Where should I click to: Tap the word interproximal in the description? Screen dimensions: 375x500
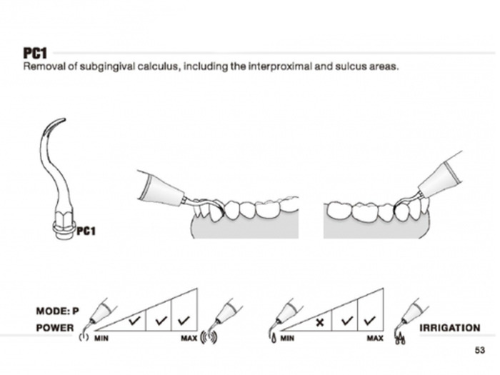pos(260,68)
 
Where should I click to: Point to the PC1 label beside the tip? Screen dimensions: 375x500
pos(86,231)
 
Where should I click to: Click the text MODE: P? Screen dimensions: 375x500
pos(57,311)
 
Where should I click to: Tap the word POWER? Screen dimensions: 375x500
pos(54,328)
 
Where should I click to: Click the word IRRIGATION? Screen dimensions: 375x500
pos(449,328)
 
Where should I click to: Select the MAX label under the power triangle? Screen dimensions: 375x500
pos(189,337)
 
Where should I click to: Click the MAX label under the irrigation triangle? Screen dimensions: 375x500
pos(374,337)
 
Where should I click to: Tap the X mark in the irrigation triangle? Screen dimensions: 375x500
pos(320,322)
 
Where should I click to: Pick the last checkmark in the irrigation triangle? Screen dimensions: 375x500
pos(369,319)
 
